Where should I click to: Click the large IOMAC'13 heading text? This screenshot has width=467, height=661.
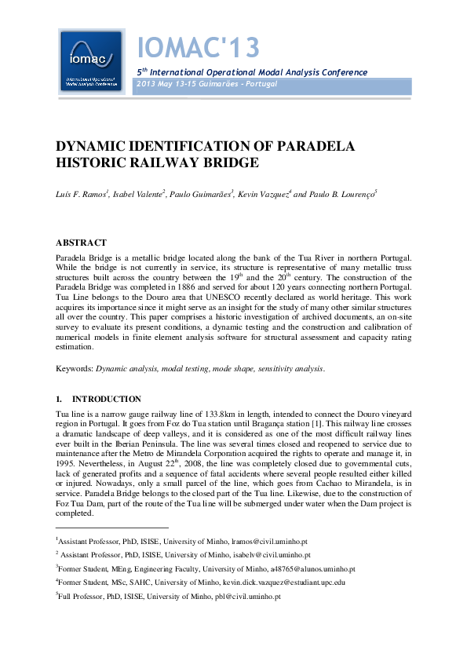coord(198,49)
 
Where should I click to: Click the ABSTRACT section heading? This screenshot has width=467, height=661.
coord(82,243)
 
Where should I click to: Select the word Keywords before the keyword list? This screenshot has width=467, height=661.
coord(74,367)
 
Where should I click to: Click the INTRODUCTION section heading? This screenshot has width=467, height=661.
coord(107,399)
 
